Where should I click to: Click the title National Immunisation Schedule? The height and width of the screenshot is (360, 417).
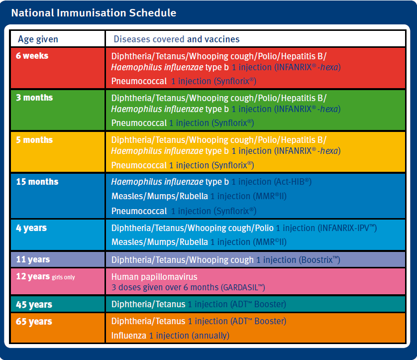[x=94, y=13]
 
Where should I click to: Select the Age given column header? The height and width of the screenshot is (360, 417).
[x=38, y=39]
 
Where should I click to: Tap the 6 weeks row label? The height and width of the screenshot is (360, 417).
[x=32, y=56]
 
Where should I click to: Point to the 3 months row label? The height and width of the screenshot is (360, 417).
[x=34, y=98]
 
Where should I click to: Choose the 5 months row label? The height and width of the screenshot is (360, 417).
[x=34, y=140]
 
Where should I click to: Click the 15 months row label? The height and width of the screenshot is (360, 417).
[x=37, y=181]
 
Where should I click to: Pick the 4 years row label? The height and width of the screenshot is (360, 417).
[x=31, y=228]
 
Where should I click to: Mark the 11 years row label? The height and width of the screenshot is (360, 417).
[x=33, y=259]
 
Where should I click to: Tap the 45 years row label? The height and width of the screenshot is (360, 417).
[x=34, y=304]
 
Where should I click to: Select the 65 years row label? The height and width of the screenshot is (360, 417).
[x=34, y=322]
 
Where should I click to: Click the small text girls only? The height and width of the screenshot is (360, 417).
[x=63, y=277]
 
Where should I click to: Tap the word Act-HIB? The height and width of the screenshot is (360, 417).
[x=292, y=182]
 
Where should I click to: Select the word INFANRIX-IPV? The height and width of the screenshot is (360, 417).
[x=347, y=228]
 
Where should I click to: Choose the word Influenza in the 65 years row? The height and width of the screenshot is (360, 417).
[x=129, y=336]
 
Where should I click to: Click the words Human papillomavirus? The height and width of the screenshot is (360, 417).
[x=154, y=277]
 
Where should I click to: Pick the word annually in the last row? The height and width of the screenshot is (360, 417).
[x=210, y=336]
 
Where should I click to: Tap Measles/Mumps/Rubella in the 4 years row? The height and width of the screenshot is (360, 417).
[x=160, y=242]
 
